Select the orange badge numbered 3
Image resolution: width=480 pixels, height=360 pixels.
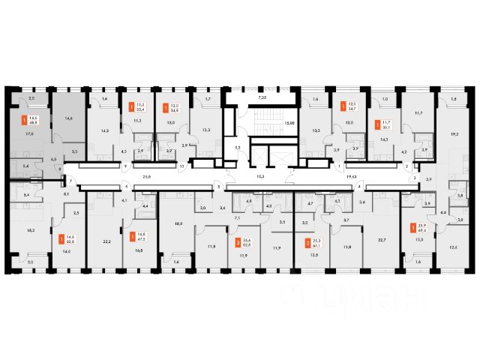tap(238, 242)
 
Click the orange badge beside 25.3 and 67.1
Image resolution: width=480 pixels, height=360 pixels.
tap(307, 242)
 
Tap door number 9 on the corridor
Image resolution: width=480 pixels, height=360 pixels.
tap(125, 166)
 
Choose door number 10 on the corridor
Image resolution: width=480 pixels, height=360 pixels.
tap(181, 166)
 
